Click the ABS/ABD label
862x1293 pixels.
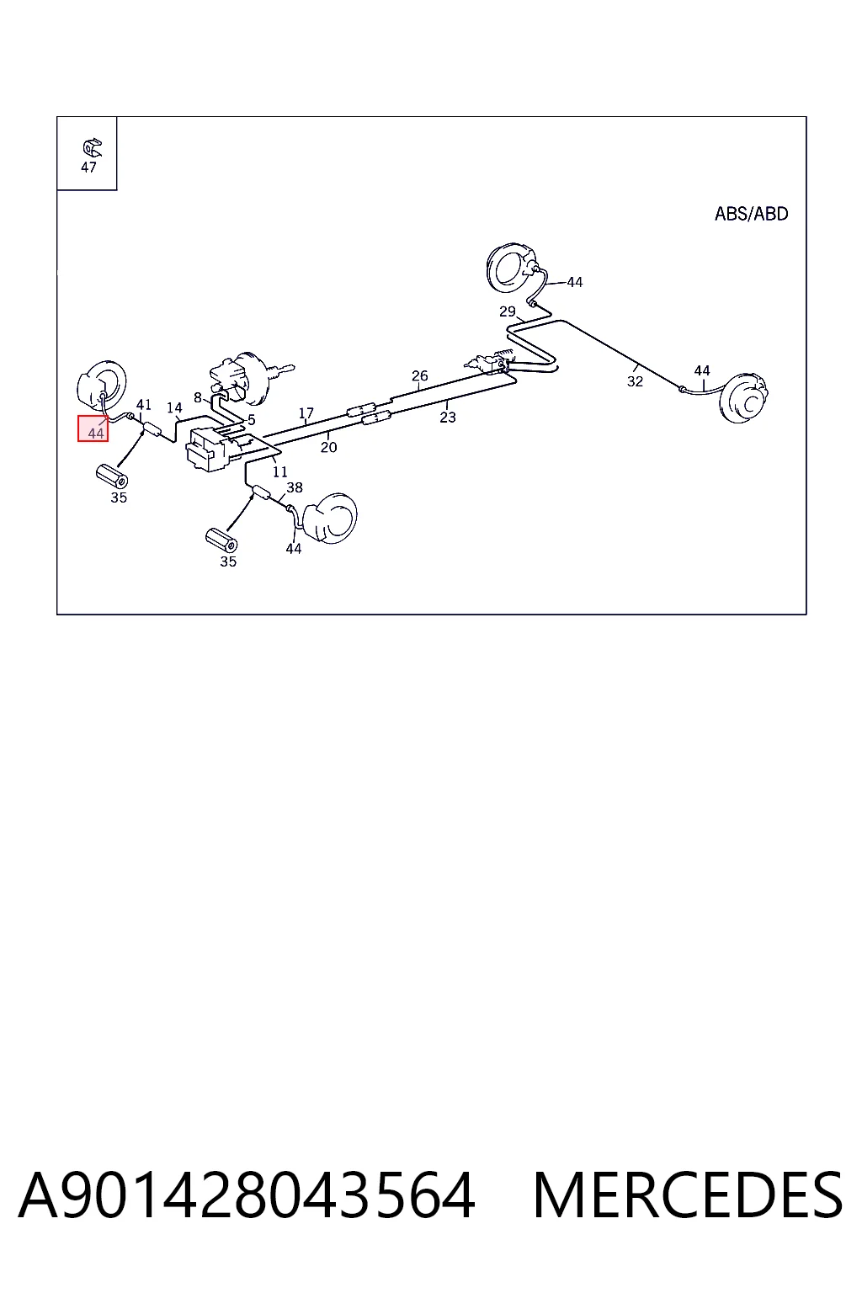(x=751, y=214)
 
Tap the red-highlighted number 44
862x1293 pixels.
(x=96, y=433)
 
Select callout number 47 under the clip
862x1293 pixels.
(x=88, y=168)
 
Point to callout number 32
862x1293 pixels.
(x=635, y=381)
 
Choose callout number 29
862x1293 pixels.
(x=507, y=311)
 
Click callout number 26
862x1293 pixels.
(x=420, y=375)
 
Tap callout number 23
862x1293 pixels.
(x=448, y=418)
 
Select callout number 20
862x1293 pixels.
(x=328, y=447)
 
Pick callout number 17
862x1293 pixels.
(x=306, y=413)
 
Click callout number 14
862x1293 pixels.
(x=174, y=408)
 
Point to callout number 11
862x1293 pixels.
(x=280, y=472)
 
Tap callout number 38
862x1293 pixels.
(x=295, y=487)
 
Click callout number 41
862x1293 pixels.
(x=143, y=405)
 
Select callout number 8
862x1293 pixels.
(x=198, y=397)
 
